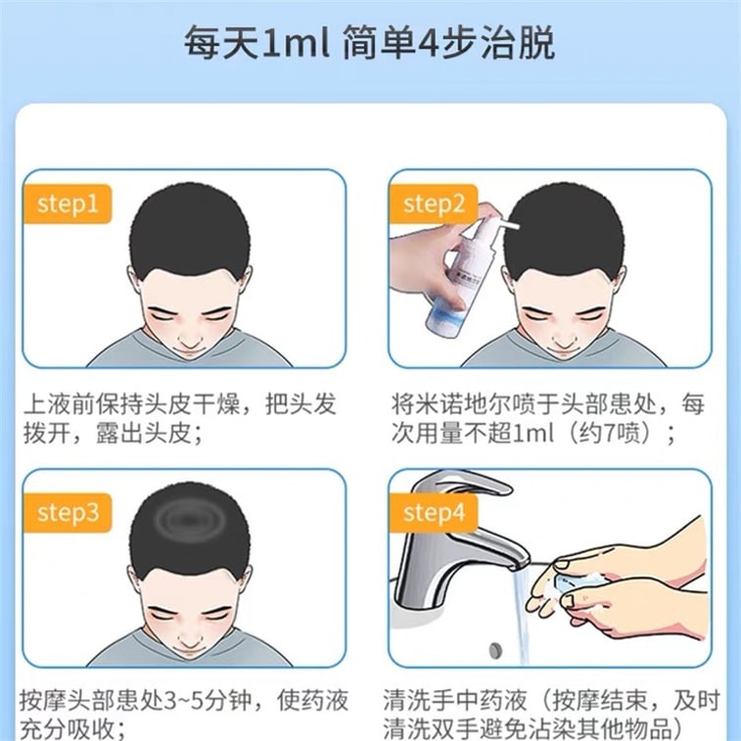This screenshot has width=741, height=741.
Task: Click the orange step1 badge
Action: coord(68,205)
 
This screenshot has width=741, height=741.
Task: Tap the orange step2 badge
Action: coord(434,205)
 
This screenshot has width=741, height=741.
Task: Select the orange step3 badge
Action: coord(68,513)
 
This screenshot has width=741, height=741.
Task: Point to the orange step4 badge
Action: coord(434,513)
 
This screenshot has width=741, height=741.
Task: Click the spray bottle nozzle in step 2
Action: coord(509,227)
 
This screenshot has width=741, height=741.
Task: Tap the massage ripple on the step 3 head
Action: coord(189,521)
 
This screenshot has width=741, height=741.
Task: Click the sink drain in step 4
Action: coord(496,650)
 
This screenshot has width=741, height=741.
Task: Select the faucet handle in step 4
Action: coord(462,487)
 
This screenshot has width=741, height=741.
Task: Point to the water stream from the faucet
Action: coord(522,615)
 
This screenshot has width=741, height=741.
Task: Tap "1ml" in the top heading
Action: coord(295,43)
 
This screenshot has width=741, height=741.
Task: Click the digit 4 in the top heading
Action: coord(428,43)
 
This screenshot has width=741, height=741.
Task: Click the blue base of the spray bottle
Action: coord(442,322)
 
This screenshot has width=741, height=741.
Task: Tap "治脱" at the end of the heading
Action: coord(518,43)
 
